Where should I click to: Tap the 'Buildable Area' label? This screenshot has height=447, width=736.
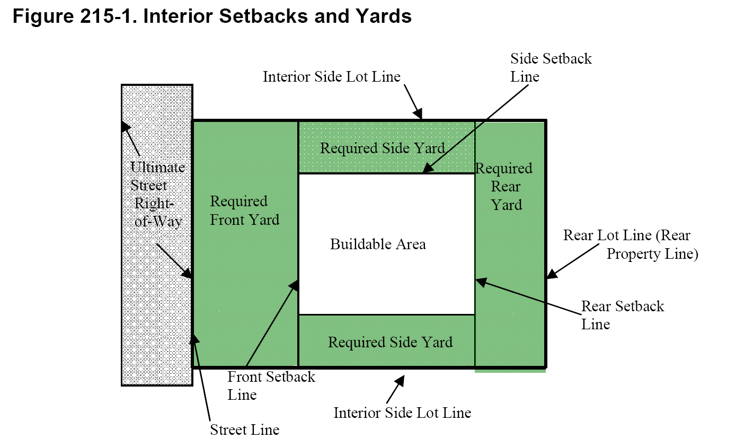click(x=378, y=244)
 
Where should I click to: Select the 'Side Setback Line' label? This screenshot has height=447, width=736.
click(x=551, y=67)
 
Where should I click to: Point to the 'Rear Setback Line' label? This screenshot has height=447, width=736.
click(x=622, y=315)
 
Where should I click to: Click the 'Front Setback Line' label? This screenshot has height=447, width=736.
click(x=271, y=385)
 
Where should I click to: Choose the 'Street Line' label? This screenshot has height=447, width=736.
click(x=244, y=430)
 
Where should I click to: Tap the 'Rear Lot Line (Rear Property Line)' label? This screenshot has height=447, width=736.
click(x=630, y=244)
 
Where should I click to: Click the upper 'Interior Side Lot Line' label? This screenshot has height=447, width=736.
click(x=332, y=77)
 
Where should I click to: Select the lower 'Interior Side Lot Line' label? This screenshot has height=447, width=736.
click(x=402, y=413)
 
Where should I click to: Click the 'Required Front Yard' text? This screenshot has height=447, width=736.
click(x=244, y=211)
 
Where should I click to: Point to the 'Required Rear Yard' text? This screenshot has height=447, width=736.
click(x=504, y=187)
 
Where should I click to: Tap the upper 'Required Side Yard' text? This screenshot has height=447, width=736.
click(x=382, y=148)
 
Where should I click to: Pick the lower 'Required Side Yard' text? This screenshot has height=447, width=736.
click(x=390, y=342)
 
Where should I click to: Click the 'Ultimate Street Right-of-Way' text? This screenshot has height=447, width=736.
click(x=158, y=194)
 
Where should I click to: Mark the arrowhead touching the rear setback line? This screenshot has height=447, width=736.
click(x=480, y=281)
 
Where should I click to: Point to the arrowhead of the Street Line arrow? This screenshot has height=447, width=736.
click(x=194, y=338)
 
